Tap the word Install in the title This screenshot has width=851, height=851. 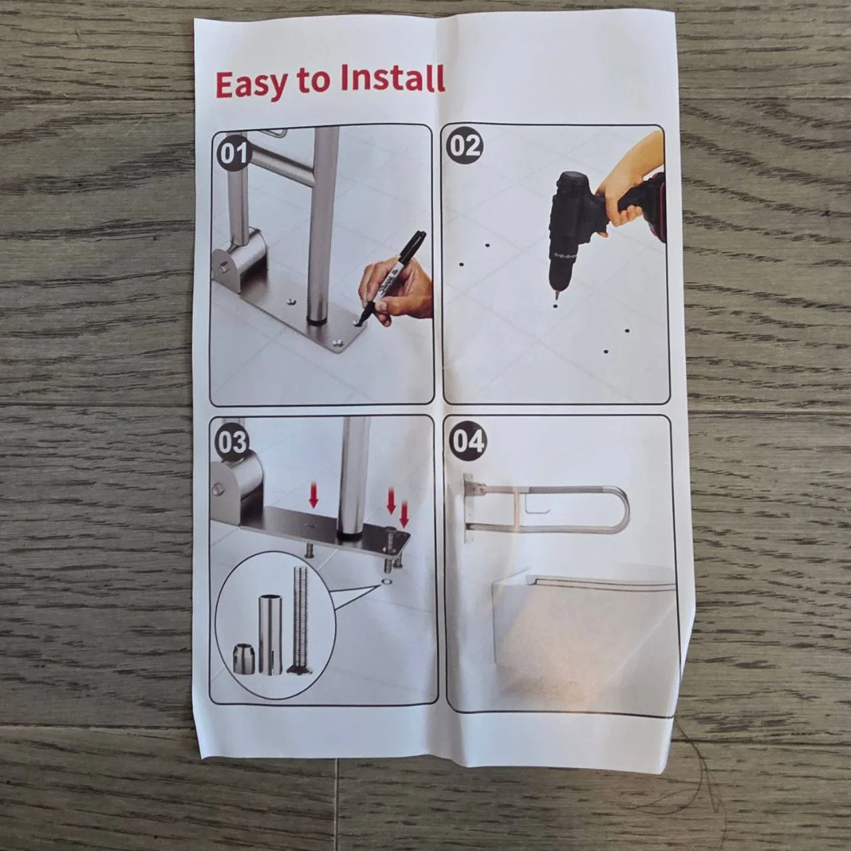click(x=392, y=80)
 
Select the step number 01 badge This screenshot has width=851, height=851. click(x=233, y=154)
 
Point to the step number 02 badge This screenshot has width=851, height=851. click(x=463, y=146)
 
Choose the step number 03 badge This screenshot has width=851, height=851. click(x=232, y=442)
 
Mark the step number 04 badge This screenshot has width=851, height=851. click(x=467, y=441)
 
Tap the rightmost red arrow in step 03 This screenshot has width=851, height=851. click(x=404, y=514)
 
